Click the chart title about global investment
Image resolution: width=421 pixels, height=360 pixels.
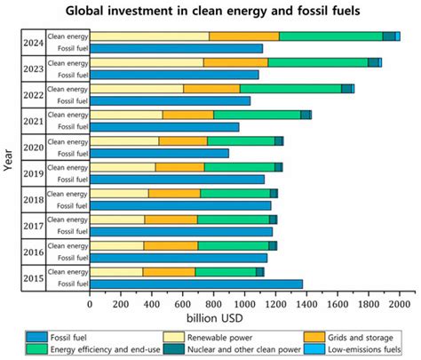pos(210,12)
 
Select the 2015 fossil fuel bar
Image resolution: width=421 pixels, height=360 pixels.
pos(196,284)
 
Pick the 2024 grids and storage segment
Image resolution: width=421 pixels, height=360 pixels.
pos(243,36)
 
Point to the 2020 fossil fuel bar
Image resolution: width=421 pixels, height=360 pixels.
pos(159,153)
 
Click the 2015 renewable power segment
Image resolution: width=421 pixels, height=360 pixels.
pos(116,271)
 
